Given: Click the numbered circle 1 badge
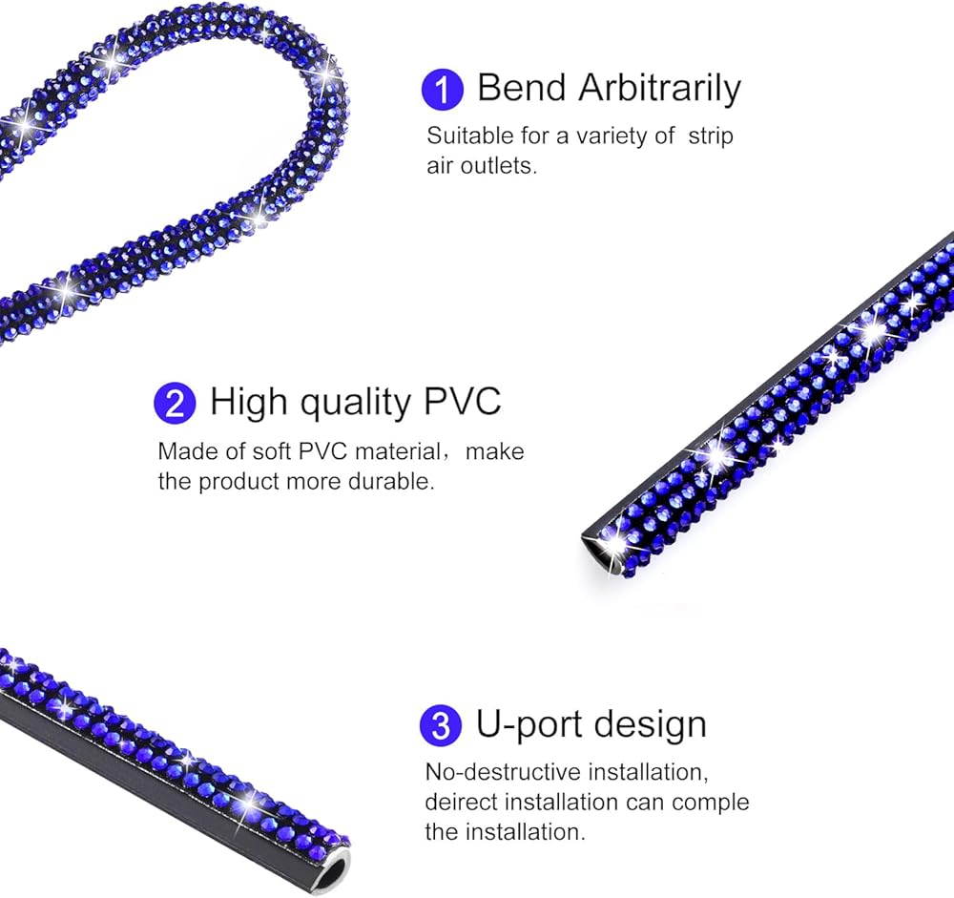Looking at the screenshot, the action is click(x=442, y=89).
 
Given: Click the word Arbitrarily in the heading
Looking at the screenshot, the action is click(x=659, y=88).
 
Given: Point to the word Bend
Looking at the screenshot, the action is click(x=522, y=88).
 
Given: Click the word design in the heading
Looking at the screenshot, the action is click(x=651, y=724).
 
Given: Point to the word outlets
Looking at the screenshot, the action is click(x=506, y=165).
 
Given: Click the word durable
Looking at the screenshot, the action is click(x=394, y=481).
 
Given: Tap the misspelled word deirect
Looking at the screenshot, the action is click(x=464, y=801).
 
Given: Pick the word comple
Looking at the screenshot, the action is click(x=712, y=802).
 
